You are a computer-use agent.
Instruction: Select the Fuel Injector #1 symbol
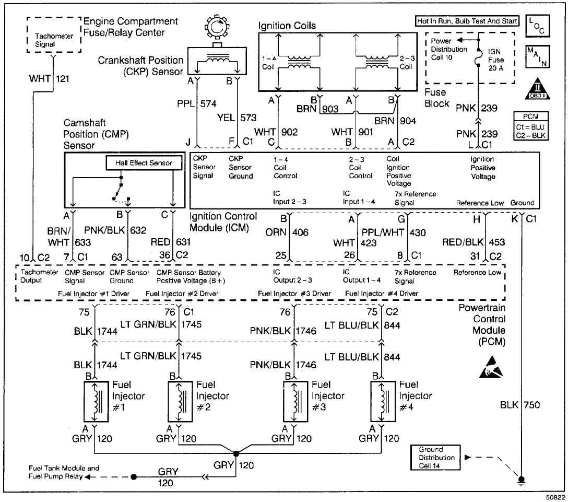click(94, 401)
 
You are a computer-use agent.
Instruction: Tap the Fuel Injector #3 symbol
click(293, 401)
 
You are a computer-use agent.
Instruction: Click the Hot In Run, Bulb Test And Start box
click(467, 21)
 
